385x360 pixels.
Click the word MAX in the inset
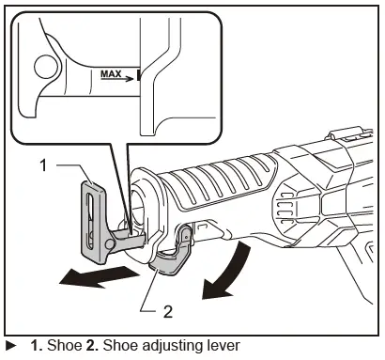pos(111,71)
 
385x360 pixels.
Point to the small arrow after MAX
pos(129,74)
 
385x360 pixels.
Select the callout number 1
pos(43,167)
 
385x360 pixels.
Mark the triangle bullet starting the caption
pos(10,346)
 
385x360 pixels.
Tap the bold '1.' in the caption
pos(36,346)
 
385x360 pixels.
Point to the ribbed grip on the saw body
pos(230,179)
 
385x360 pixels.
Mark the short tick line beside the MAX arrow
pos(136,74)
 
